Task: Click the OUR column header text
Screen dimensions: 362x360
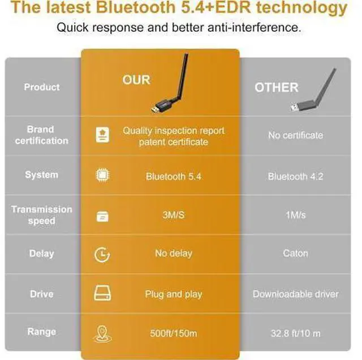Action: click(x=136, y=80)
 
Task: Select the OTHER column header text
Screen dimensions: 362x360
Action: click(x=277, y=88)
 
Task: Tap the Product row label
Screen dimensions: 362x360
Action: click(x=42, y=87)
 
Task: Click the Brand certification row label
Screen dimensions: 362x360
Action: click(x=41, y=135)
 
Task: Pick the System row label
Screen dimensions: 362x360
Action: click(x=41, y=175)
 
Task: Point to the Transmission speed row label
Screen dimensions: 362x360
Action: click(x=41, y=215)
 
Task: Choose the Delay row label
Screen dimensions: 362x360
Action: click(x=41, y=254)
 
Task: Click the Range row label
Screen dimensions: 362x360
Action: click(x=41, y=332)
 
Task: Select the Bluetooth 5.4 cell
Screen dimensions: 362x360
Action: click(x=174, y=177)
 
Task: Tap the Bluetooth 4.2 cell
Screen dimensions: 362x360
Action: click(x=295, y=177)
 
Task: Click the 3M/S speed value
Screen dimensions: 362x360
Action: click(x=174, y=215)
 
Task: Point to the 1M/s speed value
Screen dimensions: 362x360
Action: click(x=295, y=215)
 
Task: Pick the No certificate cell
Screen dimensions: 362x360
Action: click(x=295, y=135)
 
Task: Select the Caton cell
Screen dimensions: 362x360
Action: click(x=295, y=254)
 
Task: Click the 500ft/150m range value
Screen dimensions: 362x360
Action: click(x=174, y=333)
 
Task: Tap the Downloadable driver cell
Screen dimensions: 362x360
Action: click(x=295, y=294)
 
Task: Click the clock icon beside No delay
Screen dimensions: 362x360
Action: click(x=102, y=255)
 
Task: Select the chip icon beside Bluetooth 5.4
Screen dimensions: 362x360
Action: click(x=102, y=175)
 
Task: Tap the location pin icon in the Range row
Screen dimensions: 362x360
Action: click(x=102, y=333)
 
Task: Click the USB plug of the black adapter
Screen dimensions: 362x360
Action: click(x=156, y=109)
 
